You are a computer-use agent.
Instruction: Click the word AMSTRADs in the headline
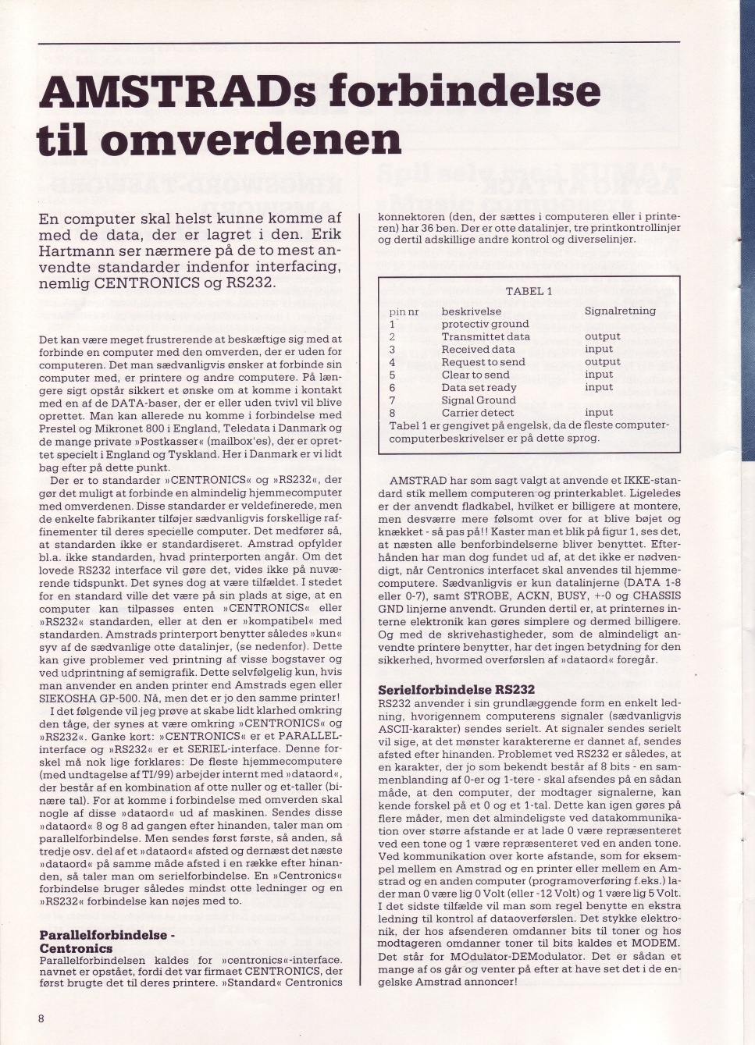(177, 92)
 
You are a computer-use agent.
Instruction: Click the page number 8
(41, 1018)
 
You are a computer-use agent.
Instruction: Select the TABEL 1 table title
(529, 291)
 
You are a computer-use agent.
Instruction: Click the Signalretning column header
(620, 311)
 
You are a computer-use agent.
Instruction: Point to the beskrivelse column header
(471, 311)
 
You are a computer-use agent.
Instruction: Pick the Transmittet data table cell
(485, 336)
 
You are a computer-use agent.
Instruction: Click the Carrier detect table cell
(477, 413)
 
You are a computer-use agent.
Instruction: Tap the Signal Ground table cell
(478, 400)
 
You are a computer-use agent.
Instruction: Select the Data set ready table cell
(479, 387)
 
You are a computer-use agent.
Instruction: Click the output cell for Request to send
(602, 361)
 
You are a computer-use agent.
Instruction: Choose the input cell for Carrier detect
(598, 413)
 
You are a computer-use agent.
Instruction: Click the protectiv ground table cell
(484, 324)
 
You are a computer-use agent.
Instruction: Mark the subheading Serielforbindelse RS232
(456, 689)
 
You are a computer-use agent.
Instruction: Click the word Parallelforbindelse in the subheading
(103, 934)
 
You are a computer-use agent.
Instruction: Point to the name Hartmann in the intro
(72, 251)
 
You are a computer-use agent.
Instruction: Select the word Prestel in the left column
(58, 428)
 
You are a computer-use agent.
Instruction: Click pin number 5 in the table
(392, 375)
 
